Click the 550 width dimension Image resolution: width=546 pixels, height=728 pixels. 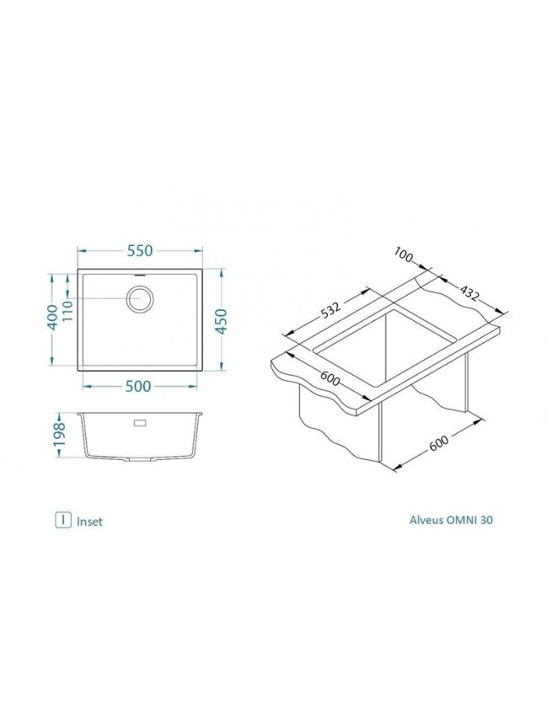coord(140,251)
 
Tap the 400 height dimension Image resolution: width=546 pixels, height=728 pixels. coord(53,318)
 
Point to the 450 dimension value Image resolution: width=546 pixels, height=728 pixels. coord(222,321)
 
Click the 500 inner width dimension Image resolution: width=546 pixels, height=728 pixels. coord(138,386)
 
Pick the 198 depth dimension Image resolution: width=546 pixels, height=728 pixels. coord(60,435)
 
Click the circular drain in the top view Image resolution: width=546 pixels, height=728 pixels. coord(140,298)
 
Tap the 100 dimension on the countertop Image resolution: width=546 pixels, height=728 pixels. coord(404,254)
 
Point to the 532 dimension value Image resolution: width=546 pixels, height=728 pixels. coord(331,310)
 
